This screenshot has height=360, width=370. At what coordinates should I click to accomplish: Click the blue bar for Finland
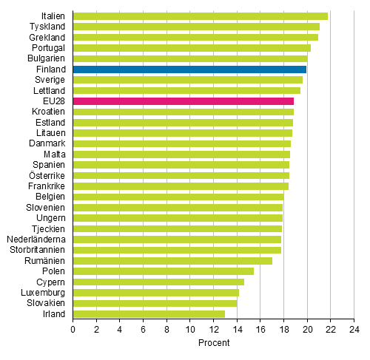tap(189, 69)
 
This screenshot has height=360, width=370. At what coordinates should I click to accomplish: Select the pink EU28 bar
tap(183, 101)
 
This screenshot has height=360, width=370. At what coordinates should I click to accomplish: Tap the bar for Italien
tap(200, 16)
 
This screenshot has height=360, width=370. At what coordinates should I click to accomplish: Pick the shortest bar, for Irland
tap(149, 313)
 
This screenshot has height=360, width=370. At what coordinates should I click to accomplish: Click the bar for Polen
tap(163, 271)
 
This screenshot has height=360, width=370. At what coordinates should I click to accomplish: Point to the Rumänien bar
tap(172, 260)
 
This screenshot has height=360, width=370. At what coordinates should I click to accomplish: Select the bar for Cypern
tap(158, 282)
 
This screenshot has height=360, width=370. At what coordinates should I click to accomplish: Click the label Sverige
tap(50, 80)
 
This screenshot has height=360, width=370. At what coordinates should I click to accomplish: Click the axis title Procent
tap(214, 343)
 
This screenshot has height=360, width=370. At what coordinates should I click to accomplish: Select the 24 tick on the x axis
tap(354, 330)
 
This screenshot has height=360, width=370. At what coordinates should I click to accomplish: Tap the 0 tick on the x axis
tap(73, 330)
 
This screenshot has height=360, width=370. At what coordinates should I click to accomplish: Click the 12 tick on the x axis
tap(213, 330)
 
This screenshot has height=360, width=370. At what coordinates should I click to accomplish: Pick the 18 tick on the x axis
tap(283, 330)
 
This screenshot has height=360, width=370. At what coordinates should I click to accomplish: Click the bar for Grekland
tap(195, 37)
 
